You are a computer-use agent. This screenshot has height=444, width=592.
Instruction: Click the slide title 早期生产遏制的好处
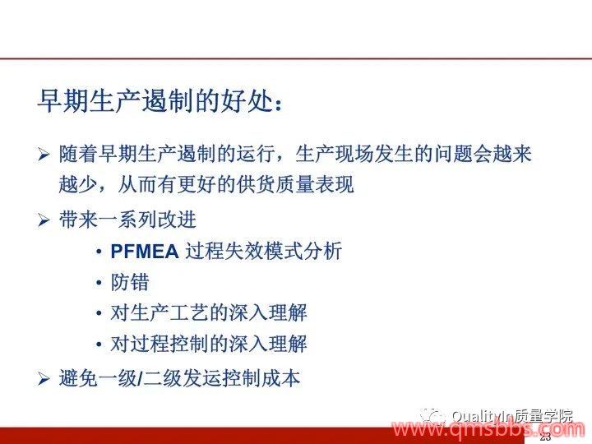pos(160,101)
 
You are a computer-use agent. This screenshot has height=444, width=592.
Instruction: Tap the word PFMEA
pos(145,252)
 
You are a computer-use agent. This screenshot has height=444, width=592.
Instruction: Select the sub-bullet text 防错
pos(130,282)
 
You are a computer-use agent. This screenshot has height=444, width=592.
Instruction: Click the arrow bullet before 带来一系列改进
pos(44,220)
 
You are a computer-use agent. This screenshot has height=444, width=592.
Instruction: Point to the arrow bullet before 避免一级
pos(44,379)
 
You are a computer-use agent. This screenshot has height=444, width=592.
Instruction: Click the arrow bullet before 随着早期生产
pos(44,155)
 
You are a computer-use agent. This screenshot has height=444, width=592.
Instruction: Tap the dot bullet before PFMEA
pos(99,252)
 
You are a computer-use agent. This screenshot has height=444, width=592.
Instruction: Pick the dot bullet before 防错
pos(99,282)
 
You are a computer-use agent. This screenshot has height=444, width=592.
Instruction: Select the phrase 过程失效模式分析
pos(264,251)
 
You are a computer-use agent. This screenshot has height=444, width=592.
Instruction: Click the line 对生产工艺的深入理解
pos(209,313)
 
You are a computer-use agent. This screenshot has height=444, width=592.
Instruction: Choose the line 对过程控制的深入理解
pos(209,344)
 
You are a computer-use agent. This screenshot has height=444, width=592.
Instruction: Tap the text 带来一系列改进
pos(127,220)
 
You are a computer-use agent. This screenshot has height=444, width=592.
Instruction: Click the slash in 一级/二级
pos(141,379)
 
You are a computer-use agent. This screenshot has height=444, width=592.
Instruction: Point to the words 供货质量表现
pos(295,185)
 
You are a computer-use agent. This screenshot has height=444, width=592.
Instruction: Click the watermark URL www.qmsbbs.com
pos(488,429)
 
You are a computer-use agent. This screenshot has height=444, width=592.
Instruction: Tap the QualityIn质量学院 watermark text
pos(512,416)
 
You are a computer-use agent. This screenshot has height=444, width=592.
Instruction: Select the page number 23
pos(545,437)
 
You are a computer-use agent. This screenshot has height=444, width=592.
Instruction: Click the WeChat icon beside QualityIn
pos(432,416)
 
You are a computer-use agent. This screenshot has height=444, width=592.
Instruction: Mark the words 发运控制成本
pos(242,379)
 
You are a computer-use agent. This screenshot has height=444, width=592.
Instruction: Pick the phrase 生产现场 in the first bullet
pos(335,154)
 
